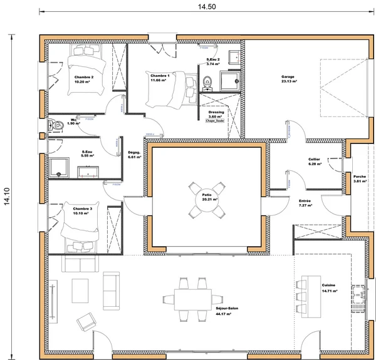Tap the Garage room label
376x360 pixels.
(x=289, y=77)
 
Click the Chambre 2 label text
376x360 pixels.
(x=83, y=77)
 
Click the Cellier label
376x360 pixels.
(x=315, y=159)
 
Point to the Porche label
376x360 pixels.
(x=360, y=176)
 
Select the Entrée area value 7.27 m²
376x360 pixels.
(x=306, y=205)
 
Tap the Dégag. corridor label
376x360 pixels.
(x=134, y=152)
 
